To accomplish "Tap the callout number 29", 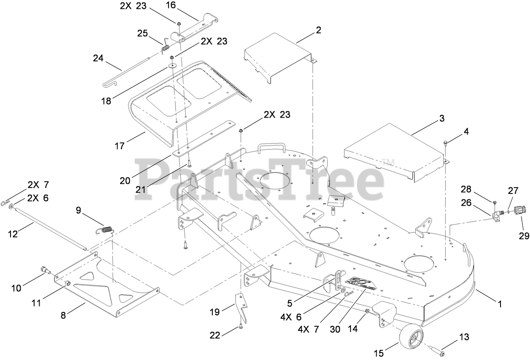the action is point(524,236).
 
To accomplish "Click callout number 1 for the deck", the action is point(500,303).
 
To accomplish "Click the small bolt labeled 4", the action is point(446,145).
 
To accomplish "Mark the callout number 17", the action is point(120,146).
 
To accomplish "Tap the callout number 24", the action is point(98,59).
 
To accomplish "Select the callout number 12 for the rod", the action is point(13,234).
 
